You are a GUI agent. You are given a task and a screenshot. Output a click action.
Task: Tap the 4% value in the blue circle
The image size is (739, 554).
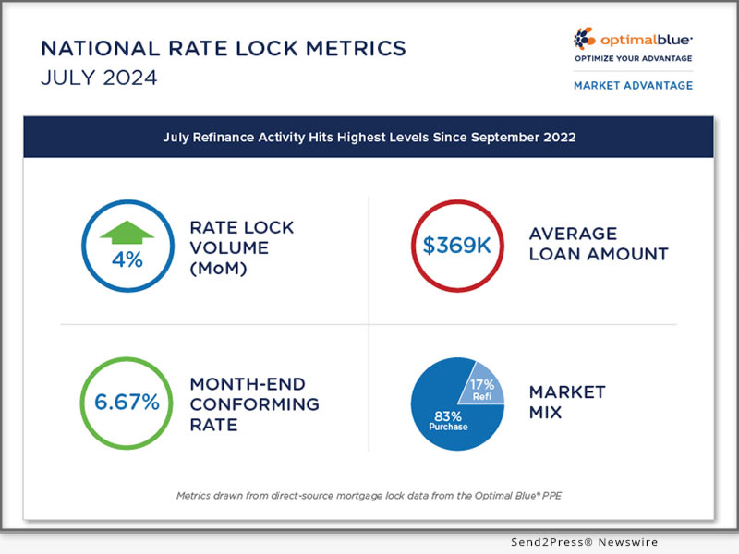pyautogui.click(x=127, y=259)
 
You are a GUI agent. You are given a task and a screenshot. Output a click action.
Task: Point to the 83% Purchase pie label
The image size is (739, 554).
pyautogui.click(x=447, y=421)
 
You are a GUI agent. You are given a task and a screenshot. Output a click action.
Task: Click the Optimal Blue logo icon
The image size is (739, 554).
pyautogui.click(x=586, y=39)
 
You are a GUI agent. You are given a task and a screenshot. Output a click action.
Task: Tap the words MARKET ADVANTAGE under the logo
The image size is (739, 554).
pyautogui.click(x=633, y=85)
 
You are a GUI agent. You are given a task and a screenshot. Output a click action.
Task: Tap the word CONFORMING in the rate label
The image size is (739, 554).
pyautogui.click(x=255, y=403)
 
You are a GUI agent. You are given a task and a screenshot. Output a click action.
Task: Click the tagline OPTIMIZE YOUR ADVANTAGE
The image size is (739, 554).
pyautogui.click(x=633, y=58)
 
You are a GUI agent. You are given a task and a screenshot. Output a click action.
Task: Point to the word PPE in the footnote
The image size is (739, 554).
pyautogui.click(x=551, y=495)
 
